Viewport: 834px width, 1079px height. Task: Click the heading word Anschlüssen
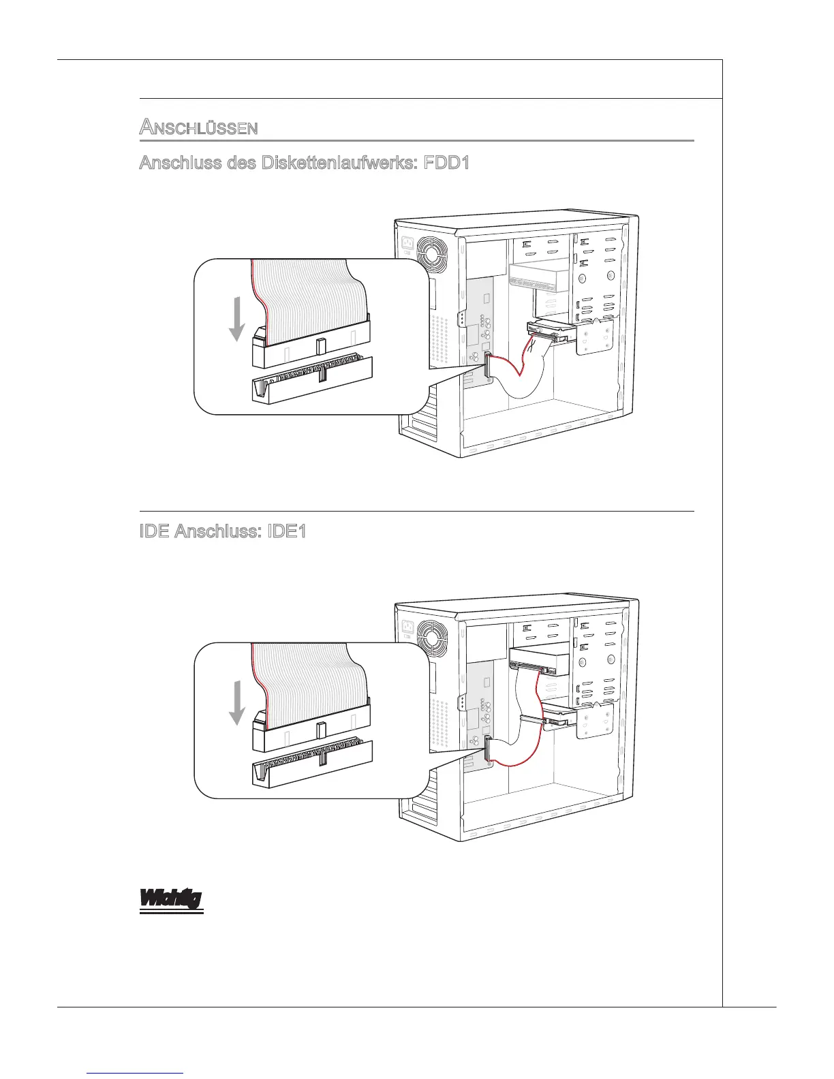(198, 127)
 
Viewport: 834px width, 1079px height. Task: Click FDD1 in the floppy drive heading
(446, 163)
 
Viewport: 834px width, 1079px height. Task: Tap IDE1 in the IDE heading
(285, 531)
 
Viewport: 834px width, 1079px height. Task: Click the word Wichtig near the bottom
(171, 898)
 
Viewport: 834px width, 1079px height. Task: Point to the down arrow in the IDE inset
(236, 702)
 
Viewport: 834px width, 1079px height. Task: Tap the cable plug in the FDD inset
(311, 347)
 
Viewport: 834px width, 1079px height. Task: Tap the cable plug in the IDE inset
(311, 731)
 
